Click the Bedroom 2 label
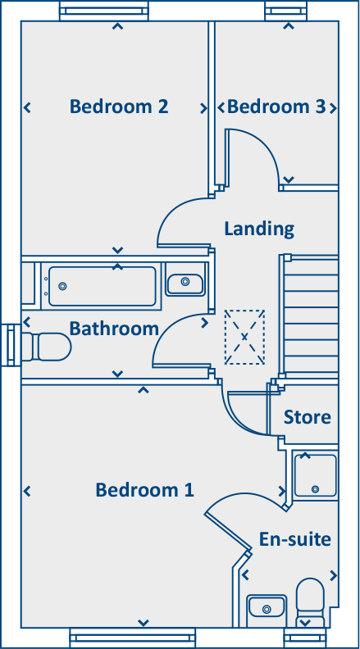coord(119,107)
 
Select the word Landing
coord(258,228)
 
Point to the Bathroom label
coord(113,329)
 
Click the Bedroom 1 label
coord(144,490)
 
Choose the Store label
coord(307,417)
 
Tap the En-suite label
coord(294,539)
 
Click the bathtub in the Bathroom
coord(102,286)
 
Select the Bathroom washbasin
coord(185,283)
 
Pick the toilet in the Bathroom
coord(48,346)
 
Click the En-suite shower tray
coord(316,475)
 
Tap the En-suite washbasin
coord(265,607)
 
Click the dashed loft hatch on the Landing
coord(244,337)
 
